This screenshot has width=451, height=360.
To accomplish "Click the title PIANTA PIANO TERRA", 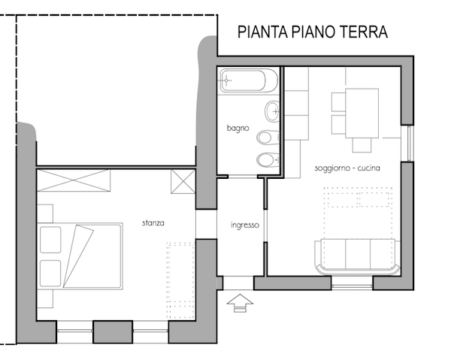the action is [x=313, y=32].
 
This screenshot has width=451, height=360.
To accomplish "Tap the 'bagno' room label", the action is [x=238, y=128].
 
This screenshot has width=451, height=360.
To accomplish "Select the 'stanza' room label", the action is [x=153, y=223].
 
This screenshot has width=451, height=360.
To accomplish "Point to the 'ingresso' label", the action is [x=245, y=225].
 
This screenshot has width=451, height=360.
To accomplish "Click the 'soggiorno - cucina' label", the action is [x=347, y=168].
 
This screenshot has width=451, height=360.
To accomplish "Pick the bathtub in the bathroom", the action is [x=248, y=80].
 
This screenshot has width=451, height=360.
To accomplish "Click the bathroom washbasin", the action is [x=272, y=111].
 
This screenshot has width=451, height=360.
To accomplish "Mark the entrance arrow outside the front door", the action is [x=240, y=303].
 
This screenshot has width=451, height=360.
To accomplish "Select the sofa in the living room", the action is [x=357, y=256].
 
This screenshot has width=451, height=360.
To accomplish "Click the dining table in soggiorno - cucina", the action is [x=362, y=113].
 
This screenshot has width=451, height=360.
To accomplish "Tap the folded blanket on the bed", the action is [x=77, y=256].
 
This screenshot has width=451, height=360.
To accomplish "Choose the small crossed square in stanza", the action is [x=183, y=181].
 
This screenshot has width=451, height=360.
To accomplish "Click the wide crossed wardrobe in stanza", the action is [x=74, y=180].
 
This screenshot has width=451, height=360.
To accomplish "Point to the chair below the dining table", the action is [x=362, y=145].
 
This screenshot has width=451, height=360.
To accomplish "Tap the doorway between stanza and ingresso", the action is [x=206, y=224].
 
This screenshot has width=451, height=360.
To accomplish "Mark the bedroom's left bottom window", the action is [x=74, y=331].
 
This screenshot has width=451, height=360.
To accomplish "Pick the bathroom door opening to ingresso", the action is [x=243, y=177].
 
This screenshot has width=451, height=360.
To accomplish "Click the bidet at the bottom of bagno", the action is [x=267, y=160].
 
